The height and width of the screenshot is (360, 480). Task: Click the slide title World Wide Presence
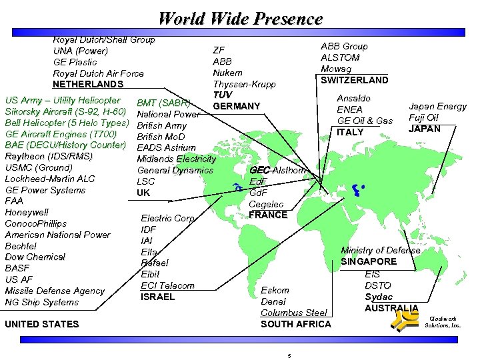(241, 18)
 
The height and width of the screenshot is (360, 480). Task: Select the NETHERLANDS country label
(88, 85)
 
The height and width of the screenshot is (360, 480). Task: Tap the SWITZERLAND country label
(354, 80)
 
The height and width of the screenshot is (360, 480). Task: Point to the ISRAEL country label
(157, 297)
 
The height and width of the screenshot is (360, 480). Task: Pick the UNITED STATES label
(41, 325)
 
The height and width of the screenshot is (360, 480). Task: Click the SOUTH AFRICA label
(295, 324)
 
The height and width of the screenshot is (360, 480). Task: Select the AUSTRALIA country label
(391, 308)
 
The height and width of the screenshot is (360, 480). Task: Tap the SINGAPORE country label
(369, 261)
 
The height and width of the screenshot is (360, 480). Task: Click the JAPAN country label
(425, 129)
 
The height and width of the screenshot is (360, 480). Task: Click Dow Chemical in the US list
(35, 257)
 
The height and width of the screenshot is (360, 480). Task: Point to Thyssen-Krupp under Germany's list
(244, 85)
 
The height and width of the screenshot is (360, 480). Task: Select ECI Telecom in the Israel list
(167, 285)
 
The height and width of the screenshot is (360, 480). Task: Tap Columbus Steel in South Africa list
(294, 313)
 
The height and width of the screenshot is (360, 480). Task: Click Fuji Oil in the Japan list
(424, 117)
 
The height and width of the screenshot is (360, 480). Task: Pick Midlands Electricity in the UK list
(176, 159)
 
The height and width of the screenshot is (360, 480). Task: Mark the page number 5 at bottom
(289, 355)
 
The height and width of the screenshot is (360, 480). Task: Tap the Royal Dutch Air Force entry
(98, 73)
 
